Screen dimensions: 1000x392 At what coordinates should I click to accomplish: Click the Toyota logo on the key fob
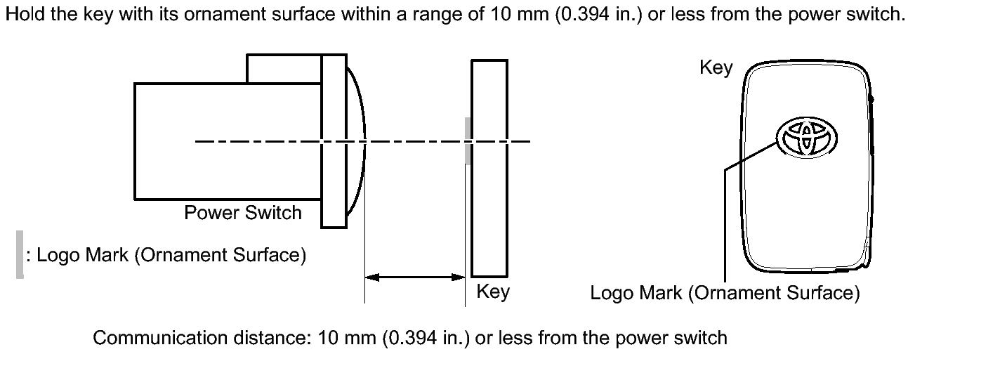click(807, 137)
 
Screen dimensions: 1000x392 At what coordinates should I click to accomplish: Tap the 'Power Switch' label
click(243, 213)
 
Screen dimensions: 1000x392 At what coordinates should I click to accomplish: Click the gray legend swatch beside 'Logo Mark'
click(20, 254)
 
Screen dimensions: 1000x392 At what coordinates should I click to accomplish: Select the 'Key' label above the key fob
click(716, 68)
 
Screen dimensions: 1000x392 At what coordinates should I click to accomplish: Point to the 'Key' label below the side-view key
click(493, 292)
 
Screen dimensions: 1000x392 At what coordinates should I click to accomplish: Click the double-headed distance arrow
click(415, 277)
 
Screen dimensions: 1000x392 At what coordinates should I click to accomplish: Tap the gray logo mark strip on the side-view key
click(468, 141)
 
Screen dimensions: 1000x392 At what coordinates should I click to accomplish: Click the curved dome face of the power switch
click(360, 141)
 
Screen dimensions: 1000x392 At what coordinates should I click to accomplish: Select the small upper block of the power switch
click(284, 69)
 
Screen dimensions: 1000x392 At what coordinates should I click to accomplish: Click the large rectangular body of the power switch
click(228, 141)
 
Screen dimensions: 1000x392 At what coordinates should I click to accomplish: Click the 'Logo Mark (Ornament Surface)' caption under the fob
click(725, 293)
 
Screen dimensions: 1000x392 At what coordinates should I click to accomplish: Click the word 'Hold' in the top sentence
click(25, 14)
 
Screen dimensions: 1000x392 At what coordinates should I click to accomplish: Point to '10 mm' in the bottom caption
click(347, 338)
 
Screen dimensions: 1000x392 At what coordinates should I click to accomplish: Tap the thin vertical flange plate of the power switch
click(334, 141)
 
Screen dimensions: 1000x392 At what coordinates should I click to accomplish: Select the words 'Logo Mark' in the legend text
click(83, 256)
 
